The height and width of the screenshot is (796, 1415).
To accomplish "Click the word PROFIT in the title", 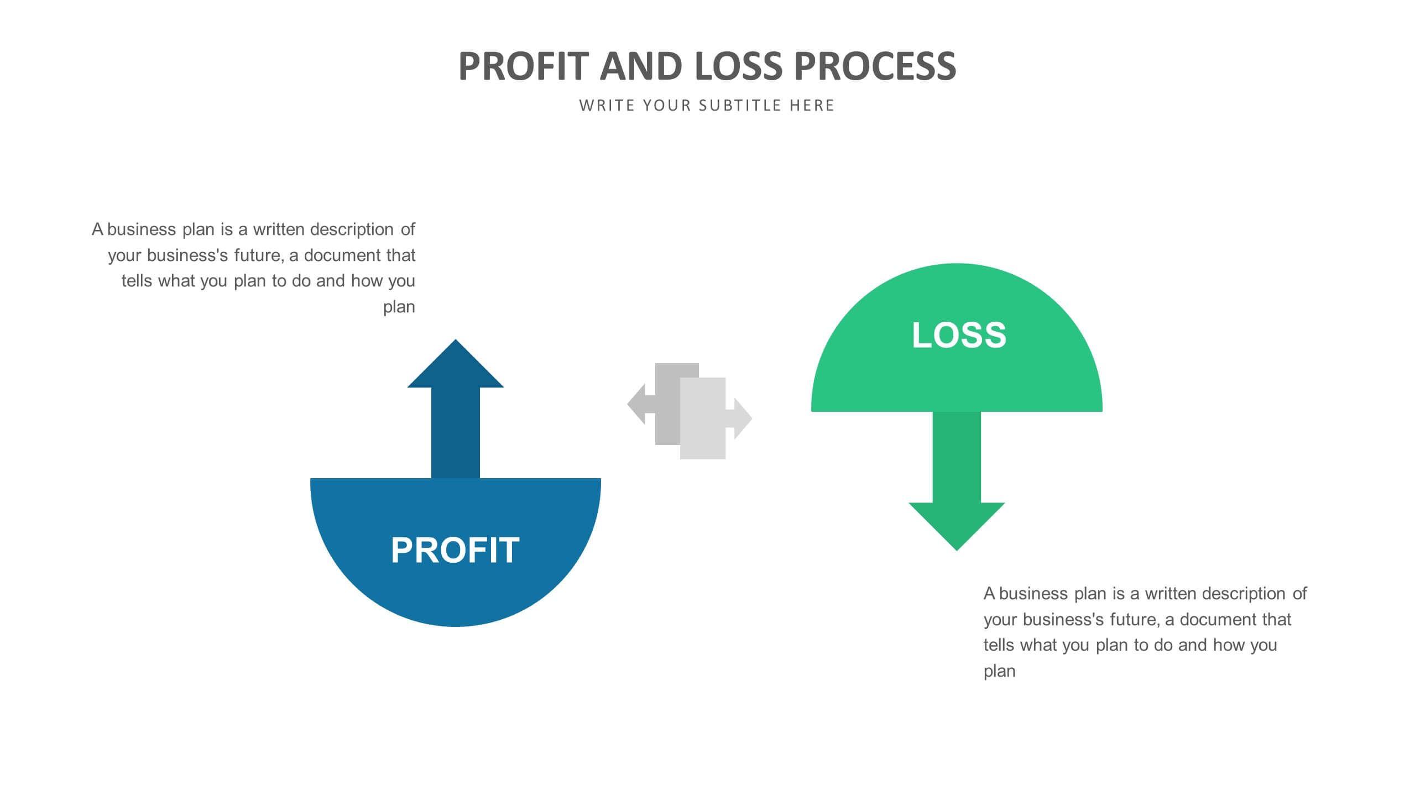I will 523,66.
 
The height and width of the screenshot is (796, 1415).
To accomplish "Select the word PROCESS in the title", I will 875,66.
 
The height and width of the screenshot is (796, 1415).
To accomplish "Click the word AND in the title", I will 641,66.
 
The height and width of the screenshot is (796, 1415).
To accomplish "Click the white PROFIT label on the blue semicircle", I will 455,550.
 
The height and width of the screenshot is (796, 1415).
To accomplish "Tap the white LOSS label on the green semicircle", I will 959,335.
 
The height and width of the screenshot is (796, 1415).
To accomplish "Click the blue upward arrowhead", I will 455,368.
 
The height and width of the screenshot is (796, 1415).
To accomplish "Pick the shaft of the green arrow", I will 957,457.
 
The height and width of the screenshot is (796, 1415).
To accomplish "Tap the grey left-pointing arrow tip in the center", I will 637,404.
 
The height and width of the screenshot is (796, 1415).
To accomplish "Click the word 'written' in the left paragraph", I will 279,229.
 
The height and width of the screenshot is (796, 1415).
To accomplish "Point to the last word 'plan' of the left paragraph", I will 399,307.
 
